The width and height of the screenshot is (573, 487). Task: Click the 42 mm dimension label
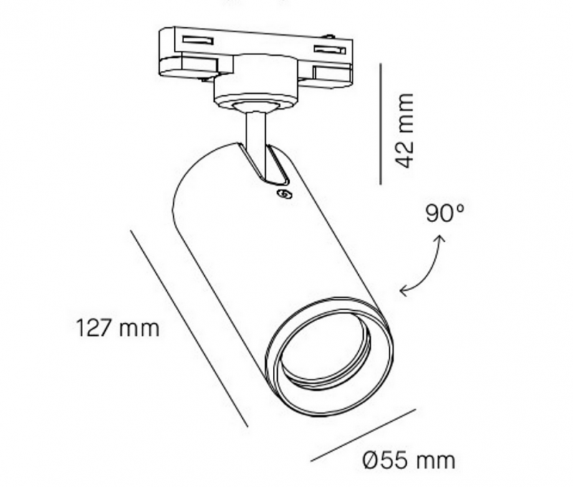(406, 130)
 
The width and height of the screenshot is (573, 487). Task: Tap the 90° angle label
(446, 214)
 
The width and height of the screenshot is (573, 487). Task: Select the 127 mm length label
(117, 329)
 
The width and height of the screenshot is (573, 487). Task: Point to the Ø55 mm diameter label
(409, 459)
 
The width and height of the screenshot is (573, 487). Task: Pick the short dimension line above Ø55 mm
(362, 435)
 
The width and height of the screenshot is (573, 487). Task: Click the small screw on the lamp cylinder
(285, 193)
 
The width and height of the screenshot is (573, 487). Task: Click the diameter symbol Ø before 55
(370, 460)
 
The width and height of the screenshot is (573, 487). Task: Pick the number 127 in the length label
(95, 329)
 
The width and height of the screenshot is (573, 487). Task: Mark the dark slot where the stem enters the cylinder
(276, 165)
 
